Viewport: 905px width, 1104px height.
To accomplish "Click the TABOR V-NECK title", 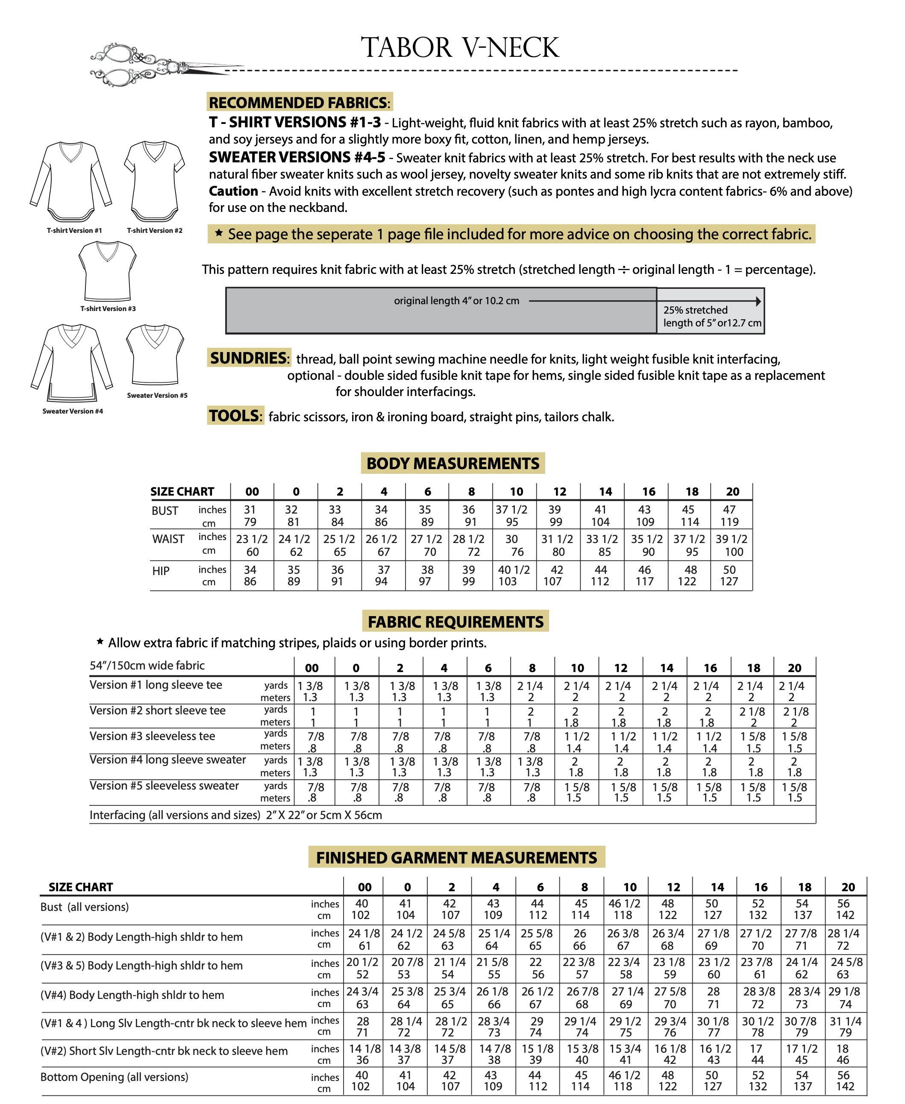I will coord(460,47).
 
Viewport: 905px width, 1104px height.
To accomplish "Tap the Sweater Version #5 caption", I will coord(157,395).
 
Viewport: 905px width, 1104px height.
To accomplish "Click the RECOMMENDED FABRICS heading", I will coord(299,102).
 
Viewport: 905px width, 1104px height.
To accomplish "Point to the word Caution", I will coord(233,191).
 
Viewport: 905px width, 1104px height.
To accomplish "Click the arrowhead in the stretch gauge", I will coord(758,301).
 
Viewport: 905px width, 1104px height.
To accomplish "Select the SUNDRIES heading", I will coord(249,358).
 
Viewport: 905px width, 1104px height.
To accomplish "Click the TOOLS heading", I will coord(235,415).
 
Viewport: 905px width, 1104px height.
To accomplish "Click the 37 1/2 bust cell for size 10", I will coord(511,509).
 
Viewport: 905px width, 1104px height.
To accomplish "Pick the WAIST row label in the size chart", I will coord(168,539).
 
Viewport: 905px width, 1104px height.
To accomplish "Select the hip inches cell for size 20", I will coord(729,569).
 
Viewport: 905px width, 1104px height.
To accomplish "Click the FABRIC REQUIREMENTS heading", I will coord(455,621).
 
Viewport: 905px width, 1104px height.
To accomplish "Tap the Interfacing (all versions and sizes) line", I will coord(235,815).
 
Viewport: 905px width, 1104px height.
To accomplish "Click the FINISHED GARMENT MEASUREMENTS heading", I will coord(456,857).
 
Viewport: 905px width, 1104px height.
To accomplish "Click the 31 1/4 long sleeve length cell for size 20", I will coord(845,1021).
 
